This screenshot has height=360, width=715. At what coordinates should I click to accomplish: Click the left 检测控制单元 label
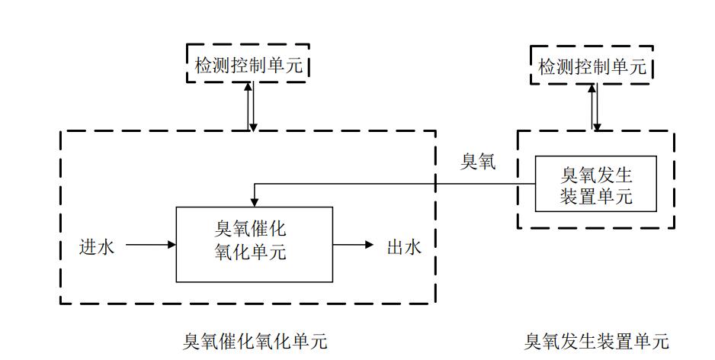tap(248, 66)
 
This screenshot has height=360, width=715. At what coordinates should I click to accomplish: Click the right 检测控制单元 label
tap(592, 66)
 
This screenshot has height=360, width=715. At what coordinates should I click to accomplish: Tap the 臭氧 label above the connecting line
tap(478, 162)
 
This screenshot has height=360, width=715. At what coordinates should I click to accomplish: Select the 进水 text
tap(98, 246)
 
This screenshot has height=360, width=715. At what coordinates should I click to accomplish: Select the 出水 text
tap(404, 246)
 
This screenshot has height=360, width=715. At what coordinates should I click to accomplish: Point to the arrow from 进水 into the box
tap(151, 246)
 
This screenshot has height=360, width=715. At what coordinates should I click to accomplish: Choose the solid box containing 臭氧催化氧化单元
tap(255, 244)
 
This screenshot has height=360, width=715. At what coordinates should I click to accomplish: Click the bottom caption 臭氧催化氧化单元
tap(255, 341)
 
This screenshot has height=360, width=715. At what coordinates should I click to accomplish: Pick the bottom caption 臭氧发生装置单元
tap(596, 341)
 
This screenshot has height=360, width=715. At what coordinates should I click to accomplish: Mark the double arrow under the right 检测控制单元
tap(595, 107)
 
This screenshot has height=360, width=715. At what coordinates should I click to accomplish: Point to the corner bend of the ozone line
tap(255, 184)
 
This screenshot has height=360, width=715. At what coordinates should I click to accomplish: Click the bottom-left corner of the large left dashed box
tap(61, 303)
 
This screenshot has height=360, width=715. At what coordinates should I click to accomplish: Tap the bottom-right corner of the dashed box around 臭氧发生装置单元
tap(674, 227)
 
